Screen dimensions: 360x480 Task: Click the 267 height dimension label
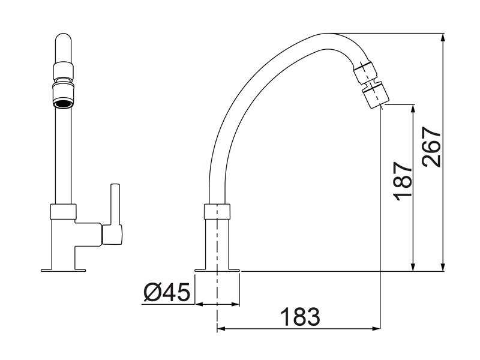(x=432, y=147)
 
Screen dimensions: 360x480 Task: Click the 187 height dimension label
(x=403, y=181)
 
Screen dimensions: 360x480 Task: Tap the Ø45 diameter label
(x=167, y=293)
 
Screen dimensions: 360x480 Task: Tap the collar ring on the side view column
(x=217, y=211)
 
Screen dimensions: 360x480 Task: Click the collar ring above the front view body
(x=64, y=211)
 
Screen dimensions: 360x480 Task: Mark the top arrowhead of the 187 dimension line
(x=413, y=108)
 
